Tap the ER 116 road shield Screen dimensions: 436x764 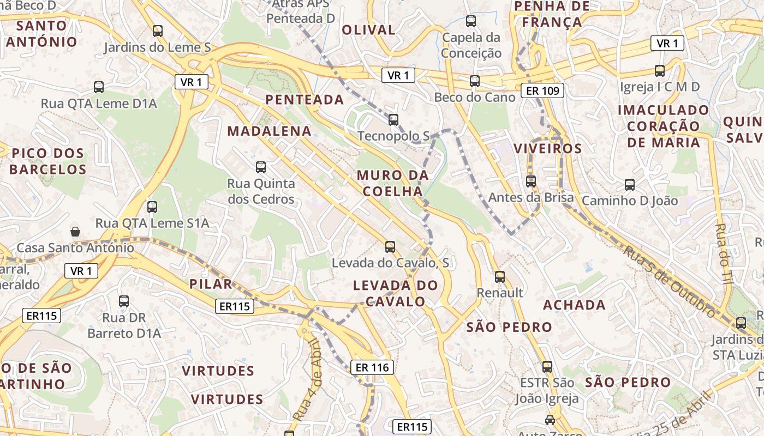click(x=373, y=367)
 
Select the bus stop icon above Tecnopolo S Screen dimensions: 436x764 click(x=393, y=120)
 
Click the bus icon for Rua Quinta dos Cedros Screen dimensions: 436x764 click(x=261, y=167)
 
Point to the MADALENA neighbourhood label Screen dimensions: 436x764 click(x=270, y=131)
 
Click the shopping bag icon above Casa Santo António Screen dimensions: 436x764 click(x=75, y=232)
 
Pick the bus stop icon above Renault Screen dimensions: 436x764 click(x=499, y=277)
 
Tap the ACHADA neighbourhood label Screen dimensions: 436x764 click(x=574, y=305)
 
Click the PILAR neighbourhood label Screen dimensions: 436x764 click(x=211, y=283)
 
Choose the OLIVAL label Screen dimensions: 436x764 click(x=368, y=30)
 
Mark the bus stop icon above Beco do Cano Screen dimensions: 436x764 click(x=475, y=81)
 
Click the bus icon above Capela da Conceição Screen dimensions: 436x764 click(x=470, y=22)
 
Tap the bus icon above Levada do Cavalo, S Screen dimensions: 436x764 click(x=390, y=247)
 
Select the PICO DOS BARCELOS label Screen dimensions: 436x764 click(x=47, y=161)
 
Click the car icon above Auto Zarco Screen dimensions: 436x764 click(x=550, y=420)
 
